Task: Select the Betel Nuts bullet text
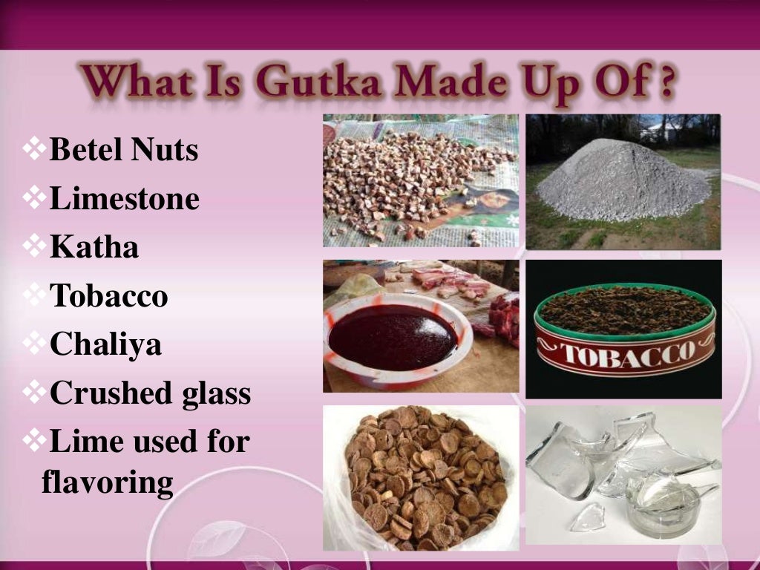coord(124,150)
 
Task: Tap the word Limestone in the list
coord(124,199)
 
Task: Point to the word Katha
coord(94,247)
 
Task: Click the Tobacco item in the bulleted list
coord(109,296)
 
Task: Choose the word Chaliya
coord(105,344)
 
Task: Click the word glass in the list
coord(217,393)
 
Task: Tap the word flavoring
coord(108,483)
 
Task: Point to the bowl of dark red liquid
coord(393,338)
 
